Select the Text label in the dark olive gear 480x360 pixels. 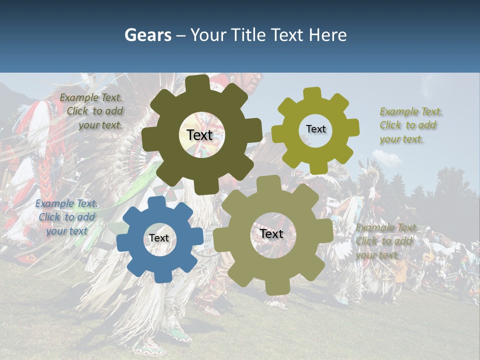coord(200,135)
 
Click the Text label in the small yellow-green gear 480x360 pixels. coord(315,129)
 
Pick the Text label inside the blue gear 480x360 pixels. coord(159,238)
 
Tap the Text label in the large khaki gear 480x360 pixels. coord(271,233)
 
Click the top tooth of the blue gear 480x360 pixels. coord(156,202)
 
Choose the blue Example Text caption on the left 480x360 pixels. coord(66,217)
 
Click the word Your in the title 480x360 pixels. coord(208,35)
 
